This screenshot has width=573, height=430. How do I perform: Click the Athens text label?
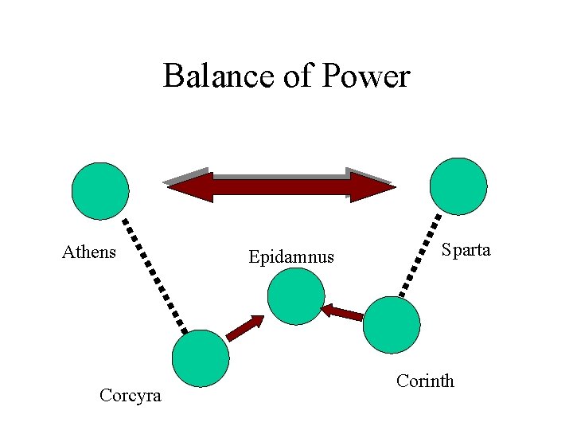(x=89, y=252)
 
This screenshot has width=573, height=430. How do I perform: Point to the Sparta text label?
(x=466, y=250)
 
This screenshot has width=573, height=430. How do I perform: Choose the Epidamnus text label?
(x=291, y=257)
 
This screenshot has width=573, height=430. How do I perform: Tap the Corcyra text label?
(x=131, y=395)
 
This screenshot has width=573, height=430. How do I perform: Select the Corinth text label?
(x=425, y=381)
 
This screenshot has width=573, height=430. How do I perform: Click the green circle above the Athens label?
(x=99, y=191)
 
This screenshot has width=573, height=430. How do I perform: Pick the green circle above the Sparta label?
(x=458, y=186)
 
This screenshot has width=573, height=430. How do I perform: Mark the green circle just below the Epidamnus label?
(x=296, y=296)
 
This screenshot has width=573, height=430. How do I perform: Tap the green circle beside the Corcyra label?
(x=201, y=358)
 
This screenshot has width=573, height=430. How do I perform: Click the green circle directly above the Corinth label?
(x=392, y=325)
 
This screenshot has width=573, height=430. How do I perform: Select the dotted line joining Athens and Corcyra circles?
(x=154, y=275)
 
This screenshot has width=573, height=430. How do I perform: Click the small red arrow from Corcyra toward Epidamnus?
(x=244, y=327)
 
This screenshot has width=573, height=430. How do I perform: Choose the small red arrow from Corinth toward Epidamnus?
(x=342, y=312)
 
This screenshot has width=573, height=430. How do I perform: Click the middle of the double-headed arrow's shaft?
(x=279, y=187)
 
